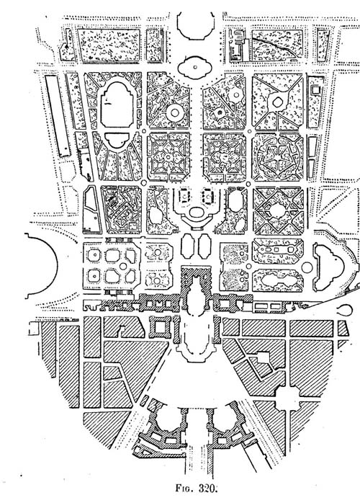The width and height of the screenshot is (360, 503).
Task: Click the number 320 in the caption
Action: coord(208,488)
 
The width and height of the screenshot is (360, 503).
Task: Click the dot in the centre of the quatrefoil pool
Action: coord(195,67)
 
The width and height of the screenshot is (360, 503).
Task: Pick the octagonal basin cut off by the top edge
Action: coord(196,26)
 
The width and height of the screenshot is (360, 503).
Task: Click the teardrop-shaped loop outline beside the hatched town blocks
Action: coord(346,310)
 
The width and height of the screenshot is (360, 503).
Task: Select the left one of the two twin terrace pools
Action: coord(187,246)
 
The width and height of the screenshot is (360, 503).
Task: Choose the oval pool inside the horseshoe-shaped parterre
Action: coord(197,212)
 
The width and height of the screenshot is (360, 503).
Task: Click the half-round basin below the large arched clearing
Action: coord(117,141)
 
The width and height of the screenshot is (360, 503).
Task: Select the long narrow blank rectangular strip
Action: coord(57,115)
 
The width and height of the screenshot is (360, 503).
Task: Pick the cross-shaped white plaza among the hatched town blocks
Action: coord(291,401)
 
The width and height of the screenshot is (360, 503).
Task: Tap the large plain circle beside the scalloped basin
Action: coord(307,267)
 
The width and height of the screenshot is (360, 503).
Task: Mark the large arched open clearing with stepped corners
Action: coord(117,104)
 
